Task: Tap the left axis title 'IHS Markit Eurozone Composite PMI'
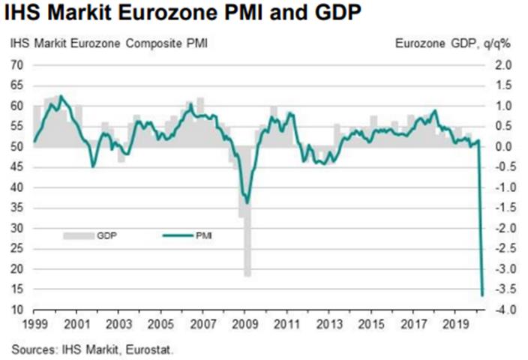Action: (x=109, y=44)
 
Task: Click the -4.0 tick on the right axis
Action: (x=501, y=310)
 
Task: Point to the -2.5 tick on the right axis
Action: (x=501, y=248)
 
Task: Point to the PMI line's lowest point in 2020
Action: (x=482, y=294)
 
